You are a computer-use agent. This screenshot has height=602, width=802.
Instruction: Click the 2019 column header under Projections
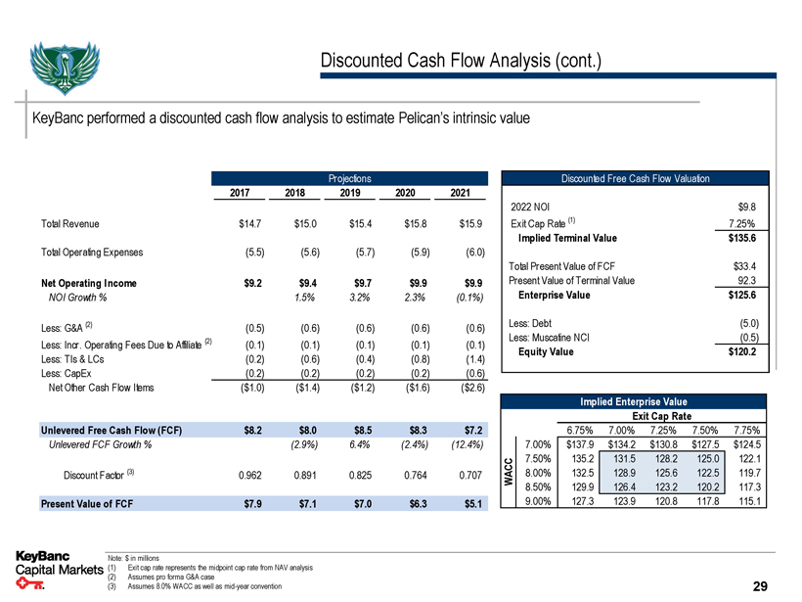click(x=353, y=193)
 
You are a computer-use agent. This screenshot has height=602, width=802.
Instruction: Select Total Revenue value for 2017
click(x=253, y=224)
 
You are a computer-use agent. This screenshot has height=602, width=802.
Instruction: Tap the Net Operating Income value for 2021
click(x=471, y=285)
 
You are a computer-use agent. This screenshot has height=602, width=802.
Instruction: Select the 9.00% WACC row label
click(x=542, y=502)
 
